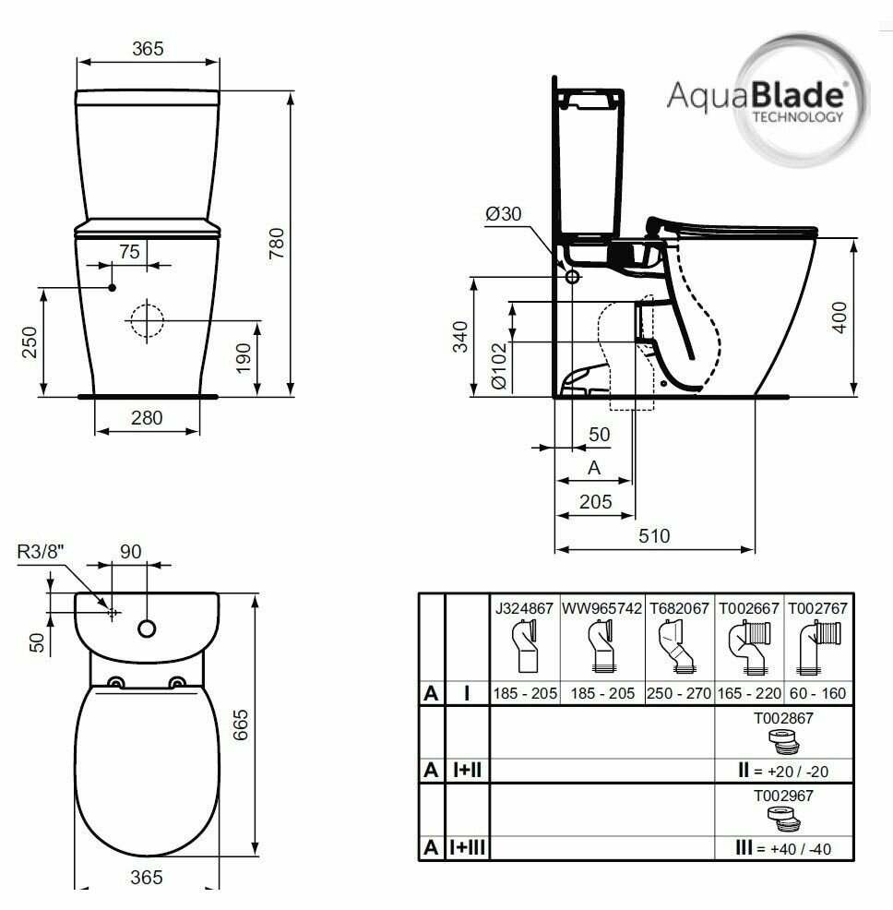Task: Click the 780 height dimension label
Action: [277, 243]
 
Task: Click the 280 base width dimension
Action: [147, 418]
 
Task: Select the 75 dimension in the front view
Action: [129, 252]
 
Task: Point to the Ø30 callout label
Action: [503, 214]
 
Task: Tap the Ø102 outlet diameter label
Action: [499, 365]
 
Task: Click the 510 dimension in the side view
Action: [654, 535]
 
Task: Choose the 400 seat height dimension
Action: [839, 317]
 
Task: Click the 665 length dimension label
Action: [240, 724]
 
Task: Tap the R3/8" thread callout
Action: [40, 551]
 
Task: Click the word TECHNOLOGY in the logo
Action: [798, 116]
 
